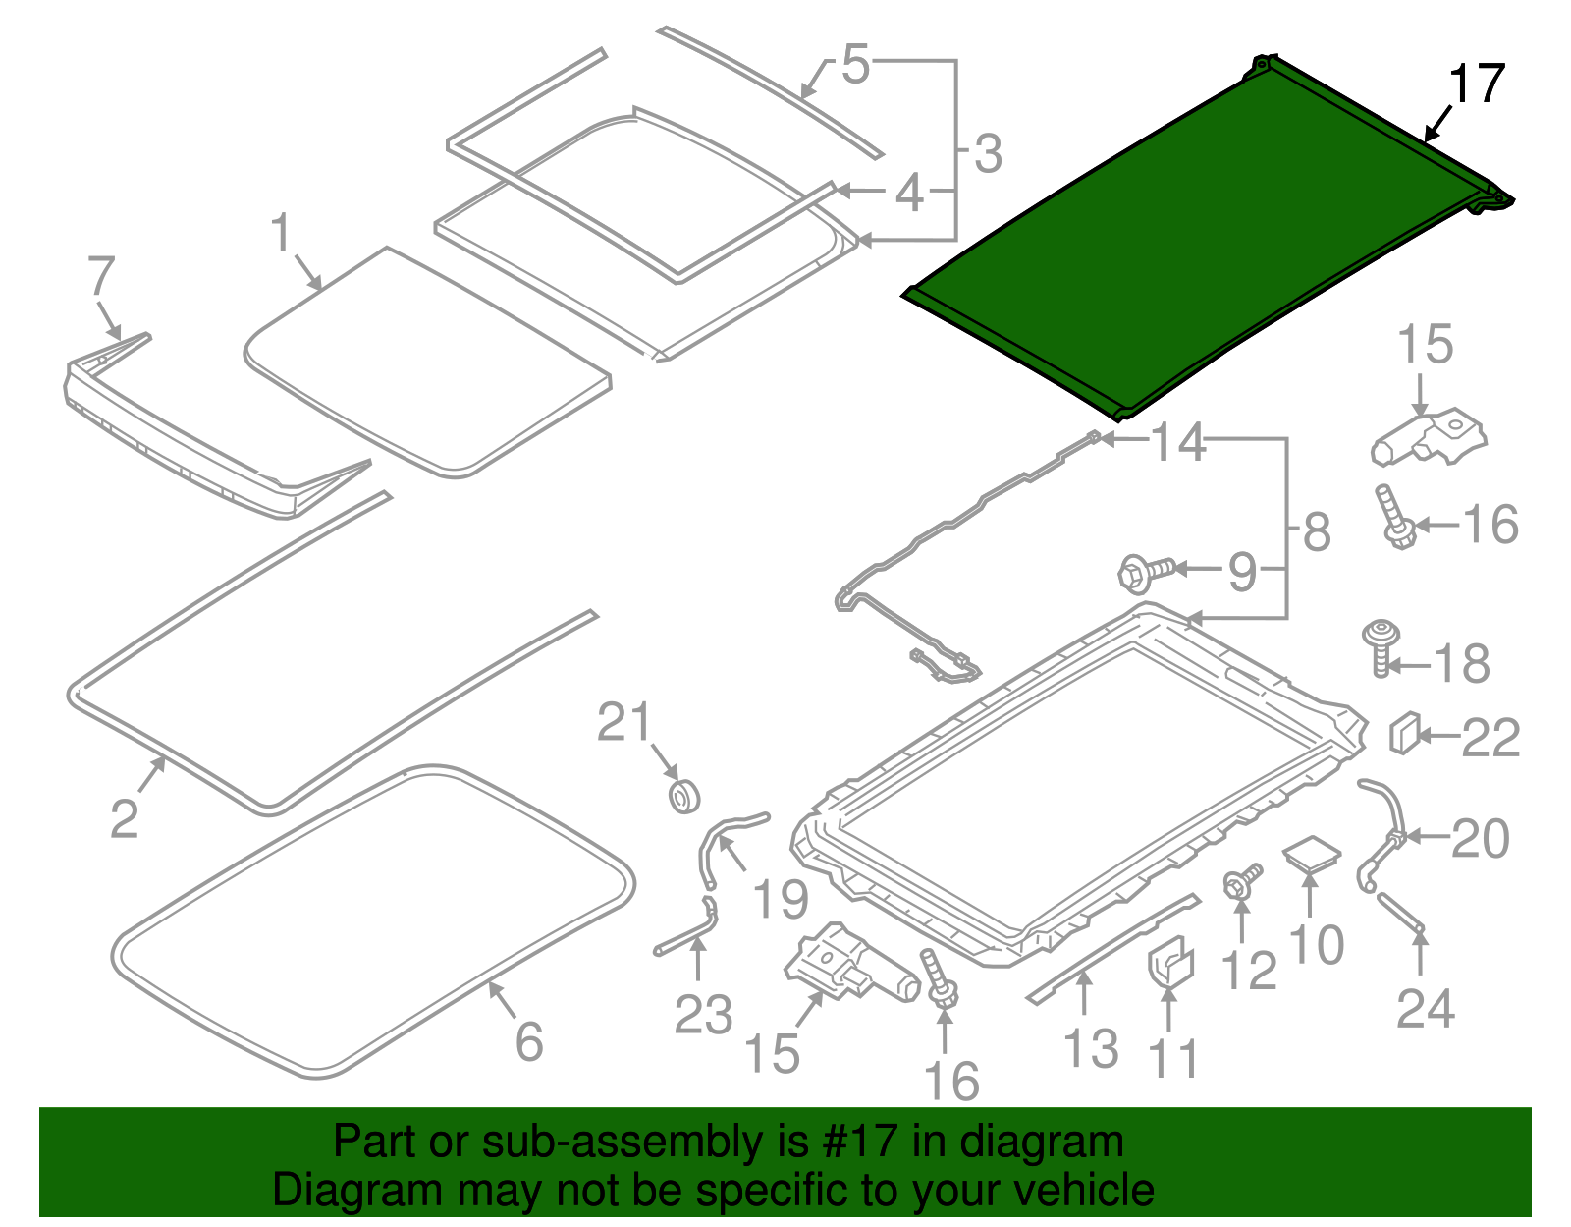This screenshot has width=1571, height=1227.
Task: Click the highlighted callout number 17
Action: (x=1476, y=84)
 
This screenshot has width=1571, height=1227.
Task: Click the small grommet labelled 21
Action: (x=683, y=795)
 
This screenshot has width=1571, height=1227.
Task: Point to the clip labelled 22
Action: (x=1402, y=733)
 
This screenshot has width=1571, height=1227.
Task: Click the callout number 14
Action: (x=1177, y=443)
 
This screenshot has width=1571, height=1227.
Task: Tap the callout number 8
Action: (x=1317, y=531)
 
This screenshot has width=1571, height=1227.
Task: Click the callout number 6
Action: (x=529, y=1041)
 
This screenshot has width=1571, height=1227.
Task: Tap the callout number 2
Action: (x=124, y=818)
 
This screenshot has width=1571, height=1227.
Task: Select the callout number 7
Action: (x=101, y=277)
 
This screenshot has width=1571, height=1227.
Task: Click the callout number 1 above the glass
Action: (x=282, y=233)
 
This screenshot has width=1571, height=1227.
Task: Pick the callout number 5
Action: (x=855, y=65)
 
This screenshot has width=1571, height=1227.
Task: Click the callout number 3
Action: (x=988, y=154)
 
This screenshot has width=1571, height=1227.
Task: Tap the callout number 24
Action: (x=1425, y=1008)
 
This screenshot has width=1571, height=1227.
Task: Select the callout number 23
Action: (x=703, y=1015)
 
